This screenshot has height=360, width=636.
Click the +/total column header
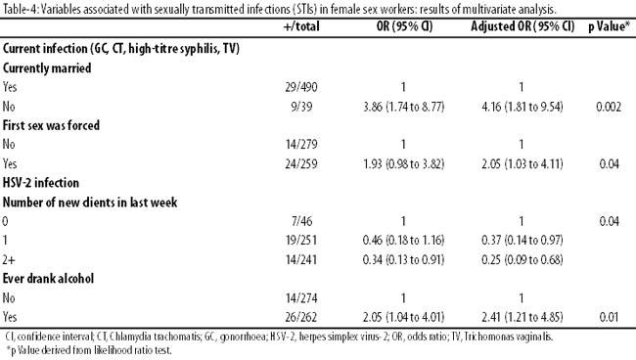coord(301,26)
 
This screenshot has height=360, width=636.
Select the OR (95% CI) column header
coord(404,26)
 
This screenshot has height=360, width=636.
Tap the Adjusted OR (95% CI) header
coord(522,26)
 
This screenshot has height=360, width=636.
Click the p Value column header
coord(610,26)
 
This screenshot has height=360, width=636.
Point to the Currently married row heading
coord(47,68)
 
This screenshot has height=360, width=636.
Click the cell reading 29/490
coord(301,87)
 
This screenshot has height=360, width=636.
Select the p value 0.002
coord(609,107)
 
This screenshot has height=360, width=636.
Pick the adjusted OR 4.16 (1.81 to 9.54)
coord(522,107)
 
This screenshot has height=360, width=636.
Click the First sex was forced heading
coord(51,125)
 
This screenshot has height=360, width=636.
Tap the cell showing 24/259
coord(301,163)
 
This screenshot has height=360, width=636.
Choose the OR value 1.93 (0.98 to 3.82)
coord(403,163)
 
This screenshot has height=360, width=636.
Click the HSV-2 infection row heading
coord(41,183)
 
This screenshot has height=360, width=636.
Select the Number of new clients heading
coord(90,202)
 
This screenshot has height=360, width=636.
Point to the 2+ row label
coord(8,259)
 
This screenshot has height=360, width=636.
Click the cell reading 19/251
coord(301,241)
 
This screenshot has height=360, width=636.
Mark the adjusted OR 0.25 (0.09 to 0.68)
coord(522,259)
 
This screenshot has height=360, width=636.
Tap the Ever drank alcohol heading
coord(48,279)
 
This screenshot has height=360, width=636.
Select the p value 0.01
coord(610,317)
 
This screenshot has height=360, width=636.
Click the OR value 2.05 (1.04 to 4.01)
coord(403,317)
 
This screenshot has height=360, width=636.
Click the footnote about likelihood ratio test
coord(89,350)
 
